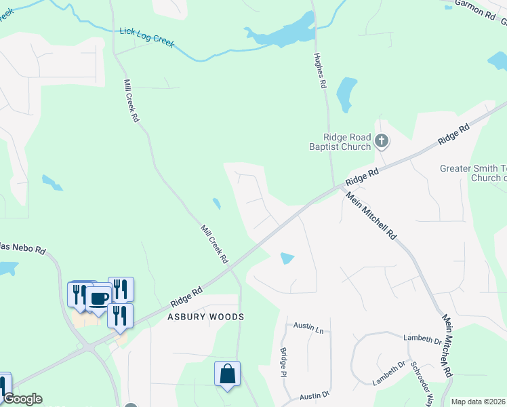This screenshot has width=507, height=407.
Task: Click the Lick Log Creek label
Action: coord(147,37)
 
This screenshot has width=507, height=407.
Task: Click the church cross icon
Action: coord(382,141)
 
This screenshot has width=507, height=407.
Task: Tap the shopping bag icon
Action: coord(227,373)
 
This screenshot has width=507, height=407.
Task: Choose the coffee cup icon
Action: coord(99,298)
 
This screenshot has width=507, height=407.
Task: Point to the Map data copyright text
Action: coord(479,402)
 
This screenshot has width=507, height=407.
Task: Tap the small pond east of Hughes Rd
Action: coord(346,94)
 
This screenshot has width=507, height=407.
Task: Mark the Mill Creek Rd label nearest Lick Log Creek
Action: coord(131,100)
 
